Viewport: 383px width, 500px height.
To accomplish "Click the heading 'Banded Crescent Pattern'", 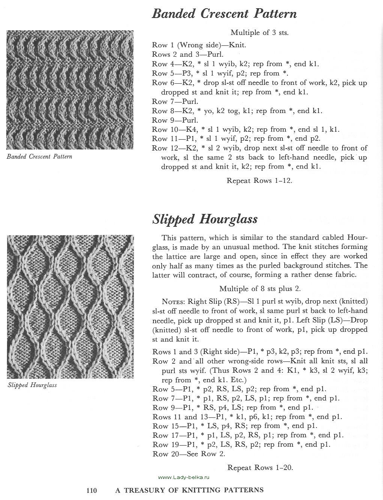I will coord(224,14).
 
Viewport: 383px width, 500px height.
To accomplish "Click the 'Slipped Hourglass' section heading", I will coord(205,219).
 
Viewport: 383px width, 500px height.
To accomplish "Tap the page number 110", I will coord(92,490).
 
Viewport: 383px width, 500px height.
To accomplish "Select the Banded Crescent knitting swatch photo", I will coord(70,90).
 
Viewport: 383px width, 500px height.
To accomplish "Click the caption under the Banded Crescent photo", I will coord(39,156).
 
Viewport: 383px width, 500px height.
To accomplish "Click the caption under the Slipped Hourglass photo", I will coord(32,385).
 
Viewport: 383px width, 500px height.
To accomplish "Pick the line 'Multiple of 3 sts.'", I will coord(259,33).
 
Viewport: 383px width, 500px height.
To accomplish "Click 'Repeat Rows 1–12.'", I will coord(259,181).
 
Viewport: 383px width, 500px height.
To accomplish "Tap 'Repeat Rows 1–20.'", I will coord(260,467).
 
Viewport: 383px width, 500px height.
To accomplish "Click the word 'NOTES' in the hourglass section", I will coord(173,301).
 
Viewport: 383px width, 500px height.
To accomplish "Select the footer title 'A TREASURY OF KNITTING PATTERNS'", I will coord(189,490).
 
